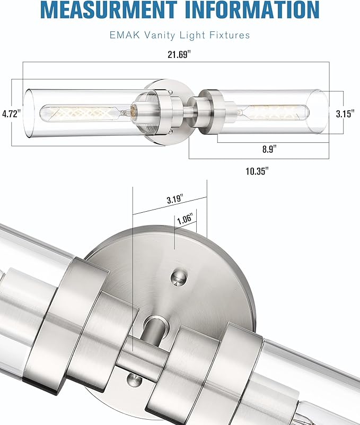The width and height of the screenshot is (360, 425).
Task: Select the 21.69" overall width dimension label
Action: pyautogui.click(x=176, y=54)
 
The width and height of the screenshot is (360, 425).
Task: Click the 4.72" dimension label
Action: pyautogui.click(x=11, y=114)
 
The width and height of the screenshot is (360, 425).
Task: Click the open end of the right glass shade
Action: pyautogui.click(x=320, y=112)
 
